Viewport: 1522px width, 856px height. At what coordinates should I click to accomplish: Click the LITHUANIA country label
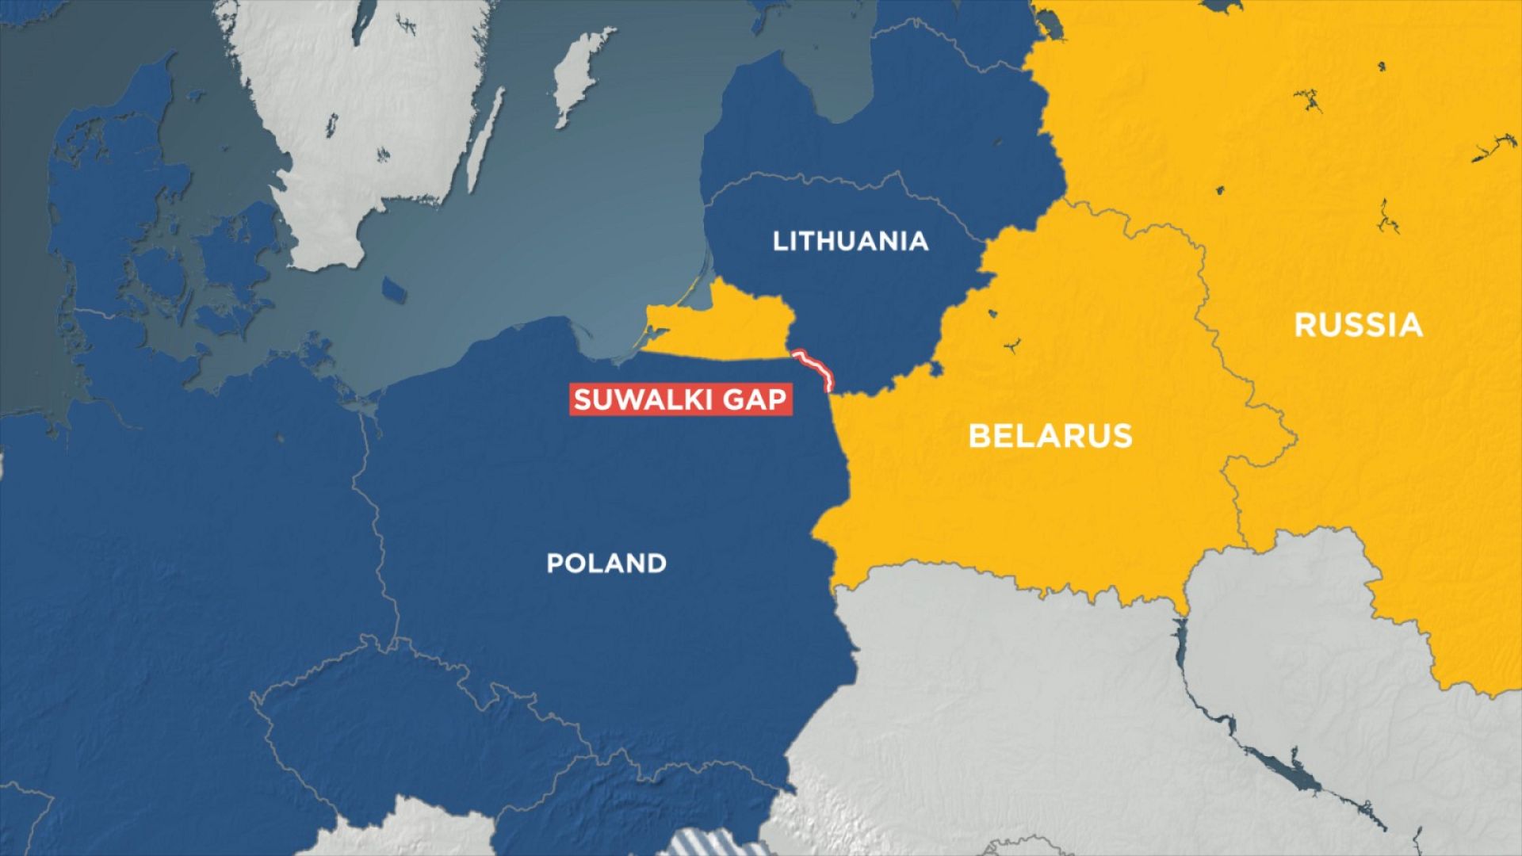click(x=850, y=241)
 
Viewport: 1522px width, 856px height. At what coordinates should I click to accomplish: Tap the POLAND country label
click(x=606, y=564)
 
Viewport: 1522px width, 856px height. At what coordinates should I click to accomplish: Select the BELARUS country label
click(x=1050, y=436)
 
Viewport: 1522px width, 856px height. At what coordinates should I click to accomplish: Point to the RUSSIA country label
click(x=1358, y=326)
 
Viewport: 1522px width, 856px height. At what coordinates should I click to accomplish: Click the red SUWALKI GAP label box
click(x=680, y=399)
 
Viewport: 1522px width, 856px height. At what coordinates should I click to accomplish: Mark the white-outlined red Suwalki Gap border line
click(x=815, y=368)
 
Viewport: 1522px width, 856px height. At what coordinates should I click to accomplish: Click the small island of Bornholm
click(x=394, y=289)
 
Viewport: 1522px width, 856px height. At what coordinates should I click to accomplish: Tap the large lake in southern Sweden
click(x=361, y=24)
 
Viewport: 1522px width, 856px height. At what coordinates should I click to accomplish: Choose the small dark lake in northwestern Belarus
click(x=1011, y=346)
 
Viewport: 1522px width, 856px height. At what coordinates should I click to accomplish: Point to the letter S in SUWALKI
click(x=583, y=399)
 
